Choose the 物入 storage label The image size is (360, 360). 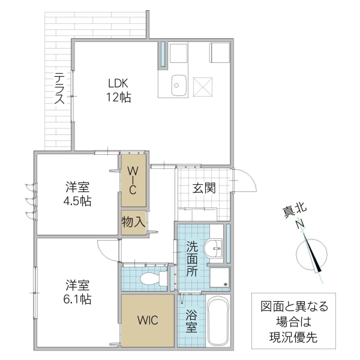pyautogui.click(x=134, y=221)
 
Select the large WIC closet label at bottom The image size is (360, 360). pyautogui.click(x=147, y=320)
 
